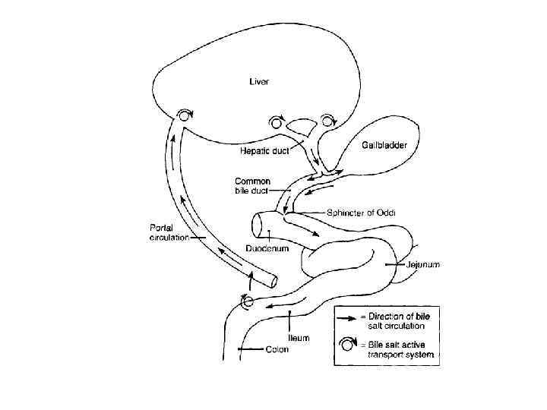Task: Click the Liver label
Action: coord(259,80)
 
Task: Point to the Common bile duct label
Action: coord(253,185)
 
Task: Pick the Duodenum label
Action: coord(265,248)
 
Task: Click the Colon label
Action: coord(277,350)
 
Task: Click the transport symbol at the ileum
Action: coord(246,301)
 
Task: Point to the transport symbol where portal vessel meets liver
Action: coord(184,115)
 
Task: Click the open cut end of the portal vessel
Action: coord(272,280)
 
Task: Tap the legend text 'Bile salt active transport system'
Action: coord(395,349)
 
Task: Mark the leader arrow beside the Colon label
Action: coord(250,350)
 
